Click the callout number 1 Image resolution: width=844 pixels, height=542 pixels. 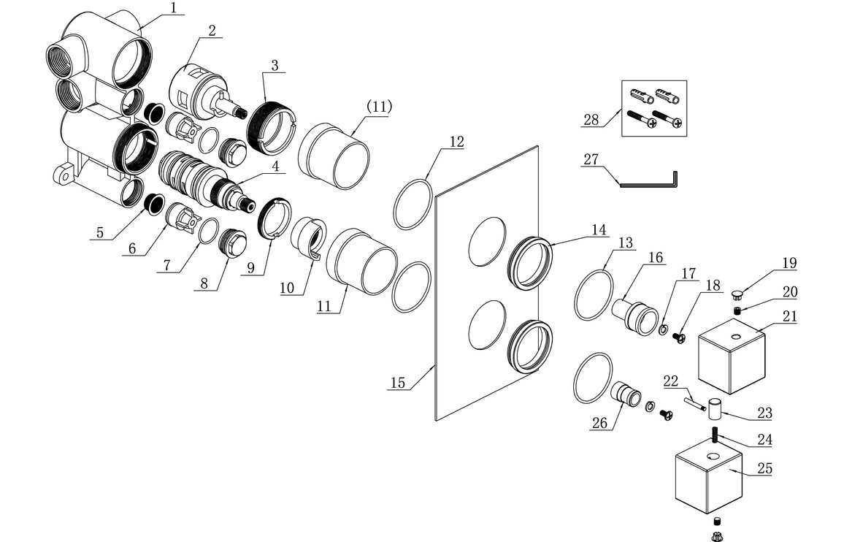[173, 9]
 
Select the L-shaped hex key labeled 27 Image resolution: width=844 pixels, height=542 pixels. [650, 183]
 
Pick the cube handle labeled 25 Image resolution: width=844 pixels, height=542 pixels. [708, 479]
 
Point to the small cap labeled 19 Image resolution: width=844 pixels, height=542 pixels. [738, 294]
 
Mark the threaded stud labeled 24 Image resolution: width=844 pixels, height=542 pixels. [714, 438]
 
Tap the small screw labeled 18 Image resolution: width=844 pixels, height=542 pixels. [678, 337]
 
